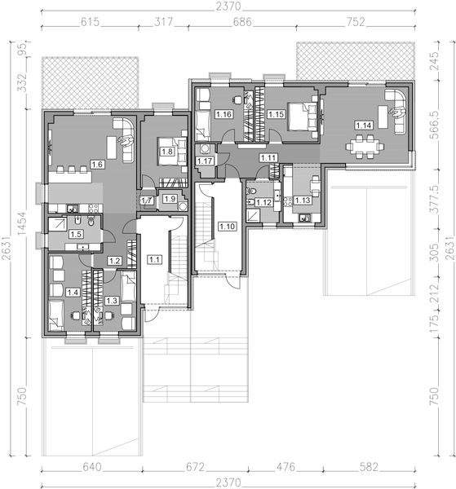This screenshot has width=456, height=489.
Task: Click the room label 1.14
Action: click(x=364, y=126)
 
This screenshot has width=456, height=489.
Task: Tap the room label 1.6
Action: click(x=97, y=164)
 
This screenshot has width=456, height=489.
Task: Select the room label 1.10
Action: click(x=227, y=226)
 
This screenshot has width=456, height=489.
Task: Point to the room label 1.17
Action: click(x=205, y=161)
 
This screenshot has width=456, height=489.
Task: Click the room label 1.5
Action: click(x=76, y=234)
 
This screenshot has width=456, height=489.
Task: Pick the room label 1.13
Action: click(x=303, y=200)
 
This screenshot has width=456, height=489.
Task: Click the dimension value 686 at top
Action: click(x=242, y=22)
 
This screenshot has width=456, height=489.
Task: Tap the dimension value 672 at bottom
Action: click(x=195, y=467)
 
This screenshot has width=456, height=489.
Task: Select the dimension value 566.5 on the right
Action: click(x=435, y=125)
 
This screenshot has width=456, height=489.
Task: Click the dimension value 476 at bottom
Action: click(x=286, y=467)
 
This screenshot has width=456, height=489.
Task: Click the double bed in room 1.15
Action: click(x=302, y=117)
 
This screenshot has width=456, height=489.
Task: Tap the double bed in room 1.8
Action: click(x=172, y=152)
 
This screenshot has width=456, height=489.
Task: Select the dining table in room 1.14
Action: click(x=365, y=146)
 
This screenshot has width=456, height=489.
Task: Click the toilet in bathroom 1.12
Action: click(x=251, y=192)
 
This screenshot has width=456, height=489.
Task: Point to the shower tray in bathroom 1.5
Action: click(x=58, y=224)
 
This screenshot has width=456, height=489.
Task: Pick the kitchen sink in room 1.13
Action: click(x=305, y=218)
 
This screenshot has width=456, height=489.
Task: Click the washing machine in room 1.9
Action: click(x=183, y=206)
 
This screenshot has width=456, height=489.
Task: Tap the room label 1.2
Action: click(x=114, y=261)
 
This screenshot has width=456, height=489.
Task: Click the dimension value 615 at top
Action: click(x=90, y=22)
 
